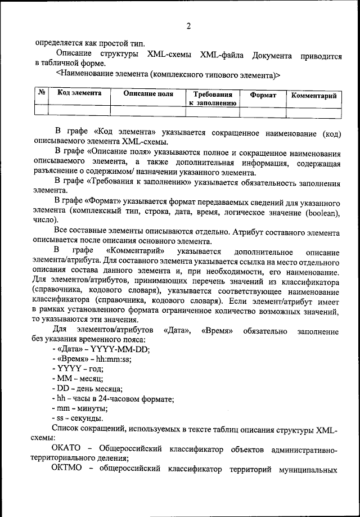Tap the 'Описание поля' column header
point(148,93)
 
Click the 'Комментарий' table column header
point(314,96)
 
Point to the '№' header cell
point(41,93)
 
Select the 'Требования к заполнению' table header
point(211,98)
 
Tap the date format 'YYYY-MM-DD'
point(119,349)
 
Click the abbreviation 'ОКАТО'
point(66,448)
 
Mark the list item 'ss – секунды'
point(76,419)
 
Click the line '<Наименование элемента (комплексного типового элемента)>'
point(168,74)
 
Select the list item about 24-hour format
point(112,399)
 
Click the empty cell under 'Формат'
point(263,111)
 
